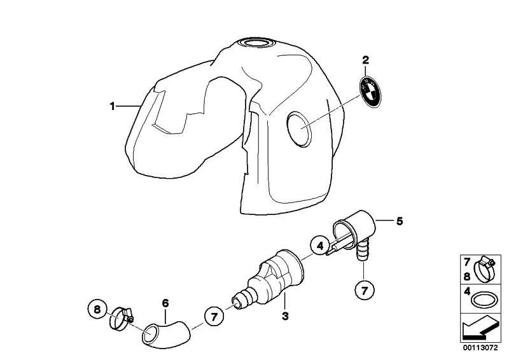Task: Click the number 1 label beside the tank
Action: (x=113, y=106)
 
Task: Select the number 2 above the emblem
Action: (x=365, y=60)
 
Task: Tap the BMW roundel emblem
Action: (x=370, y=92)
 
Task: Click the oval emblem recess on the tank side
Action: (x=299, y=129)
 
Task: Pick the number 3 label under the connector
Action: (x=285, y=316)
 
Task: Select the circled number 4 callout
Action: (x=320, y=246)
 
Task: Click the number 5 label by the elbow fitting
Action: (x=400, y=221)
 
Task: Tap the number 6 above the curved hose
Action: (x=165, y=303)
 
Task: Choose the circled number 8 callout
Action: (x=97, y=309)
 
